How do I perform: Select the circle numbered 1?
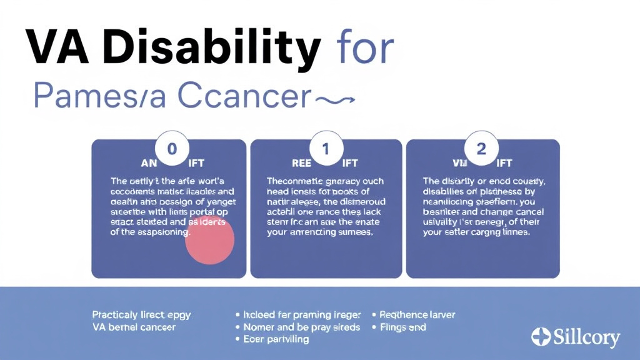pos(326,148)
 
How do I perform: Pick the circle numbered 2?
pos(482,148)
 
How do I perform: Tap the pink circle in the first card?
pos(210,241)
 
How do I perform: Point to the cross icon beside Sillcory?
pos(541,337)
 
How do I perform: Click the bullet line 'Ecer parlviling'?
pos(275,339)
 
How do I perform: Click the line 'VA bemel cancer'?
pos(134,327)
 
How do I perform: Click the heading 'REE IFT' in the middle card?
pos(326,163)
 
